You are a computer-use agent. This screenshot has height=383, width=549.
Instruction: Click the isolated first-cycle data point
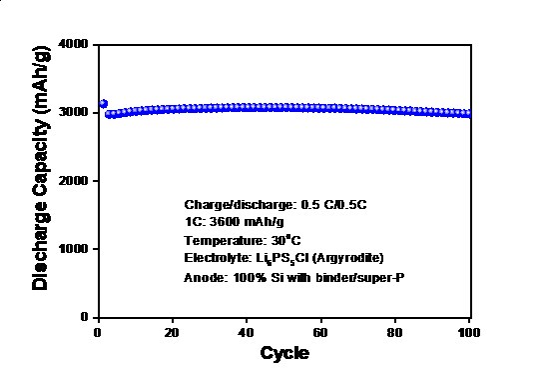point(103,104)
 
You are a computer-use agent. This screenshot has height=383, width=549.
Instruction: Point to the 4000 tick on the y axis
point(73,45)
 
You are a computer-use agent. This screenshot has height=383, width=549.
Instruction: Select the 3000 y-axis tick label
point(73,113)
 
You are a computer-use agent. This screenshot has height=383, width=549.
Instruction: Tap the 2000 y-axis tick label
point(73,181)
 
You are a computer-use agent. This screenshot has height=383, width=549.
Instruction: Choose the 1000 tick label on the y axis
point(73,249)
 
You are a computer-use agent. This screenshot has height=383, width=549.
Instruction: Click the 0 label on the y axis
point(84,317)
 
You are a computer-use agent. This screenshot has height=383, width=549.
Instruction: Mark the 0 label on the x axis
point(98,332)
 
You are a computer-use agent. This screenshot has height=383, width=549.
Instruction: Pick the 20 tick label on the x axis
point(172,332)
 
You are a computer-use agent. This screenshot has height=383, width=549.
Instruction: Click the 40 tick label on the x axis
point(246,332)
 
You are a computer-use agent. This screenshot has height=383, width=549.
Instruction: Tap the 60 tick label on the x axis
point(320,332)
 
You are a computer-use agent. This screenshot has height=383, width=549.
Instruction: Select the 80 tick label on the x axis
point(394,332)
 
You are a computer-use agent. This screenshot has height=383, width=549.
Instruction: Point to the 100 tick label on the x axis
point(469,332)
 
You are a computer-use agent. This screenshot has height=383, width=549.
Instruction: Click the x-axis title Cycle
point(284,354)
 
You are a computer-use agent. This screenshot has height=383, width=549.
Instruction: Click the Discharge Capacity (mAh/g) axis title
point(41,168)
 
